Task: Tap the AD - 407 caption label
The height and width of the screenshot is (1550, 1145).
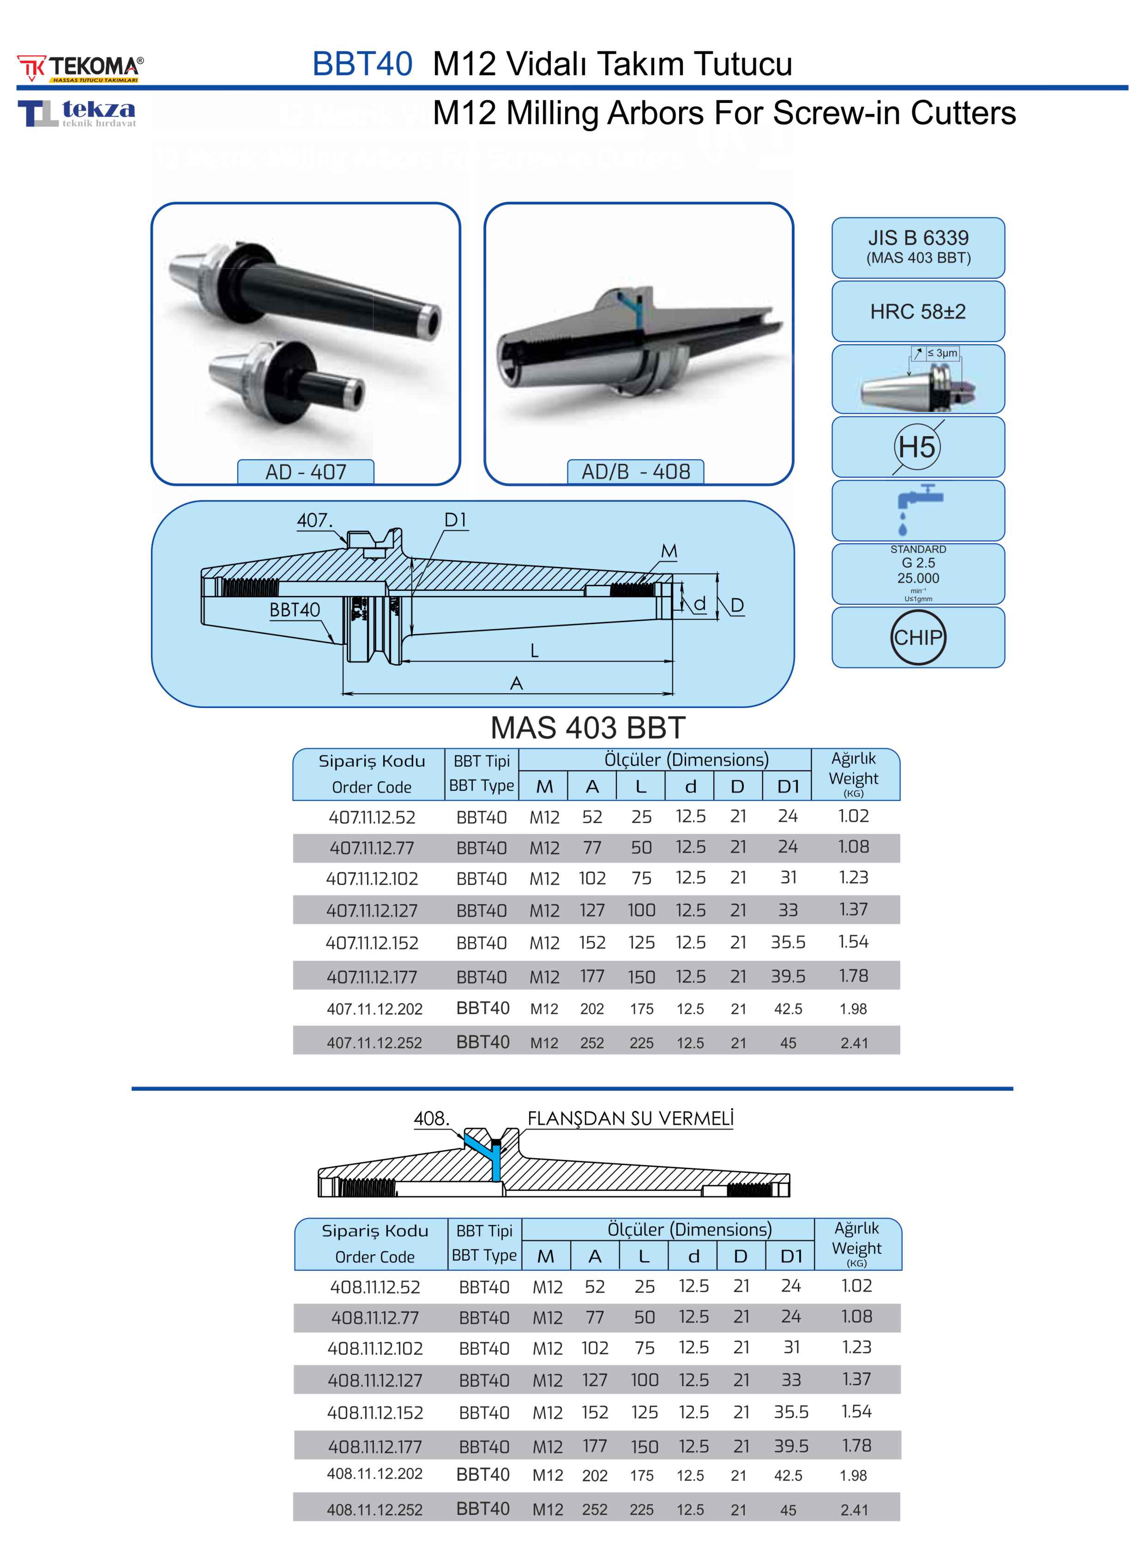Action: (306, 472)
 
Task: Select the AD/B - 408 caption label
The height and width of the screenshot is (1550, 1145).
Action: (636, 472)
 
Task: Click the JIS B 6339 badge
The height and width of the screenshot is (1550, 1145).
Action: (918, 246)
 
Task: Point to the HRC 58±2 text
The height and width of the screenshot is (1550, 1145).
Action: (918, 312)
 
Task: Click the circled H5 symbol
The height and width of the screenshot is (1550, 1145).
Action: (917, 447)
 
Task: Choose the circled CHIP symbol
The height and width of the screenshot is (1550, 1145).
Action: (918, 637)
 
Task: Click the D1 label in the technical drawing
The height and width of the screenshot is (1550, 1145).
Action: (455, 520)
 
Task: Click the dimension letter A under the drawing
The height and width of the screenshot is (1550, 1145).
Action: (516, 684)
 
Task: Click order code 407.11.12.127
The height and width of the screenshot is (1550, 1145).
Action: (372, 910)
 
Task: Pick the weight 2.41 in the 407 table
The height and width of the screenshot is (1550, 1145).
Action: (854, 1043)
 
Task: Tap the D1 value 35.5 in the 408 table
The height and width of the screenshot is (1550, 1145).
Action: (791, 1412)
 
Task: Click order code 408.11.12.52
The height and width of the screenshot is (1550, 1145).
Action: (375, 1287)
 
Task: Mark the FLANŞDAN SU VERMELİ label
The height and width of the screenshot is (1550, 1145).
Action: (630, 1118)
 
